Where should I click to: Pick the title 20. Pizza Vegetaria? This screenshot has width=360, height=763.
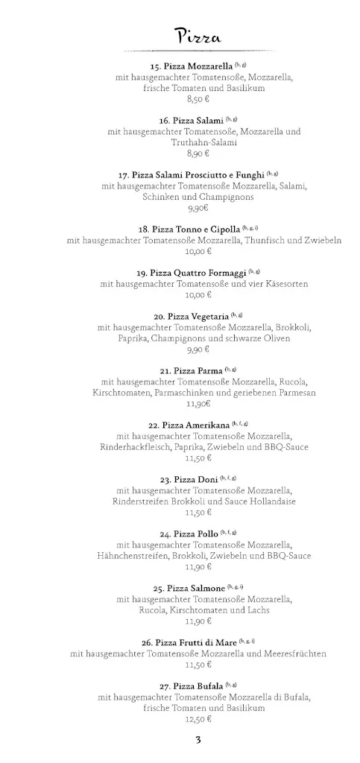(x=191, y=317)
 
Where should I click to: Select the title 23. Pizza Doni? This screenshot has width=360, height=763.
(x=191, y=479)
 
